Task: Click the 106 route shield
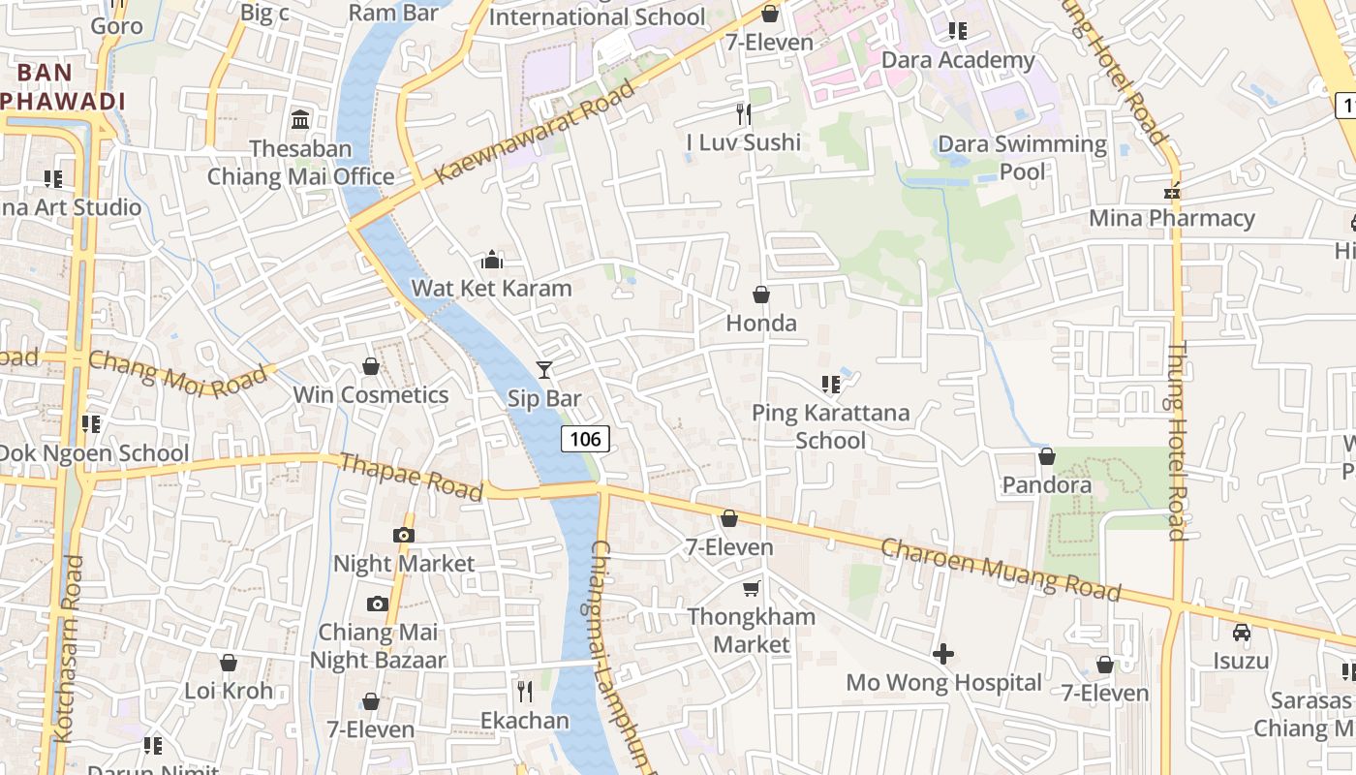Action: point(585,439)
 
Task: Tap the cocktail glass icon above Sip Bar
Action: point(544,370)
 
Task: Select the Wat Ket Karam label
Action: point(491,288)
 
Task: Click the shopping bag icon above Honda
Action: point(761,294)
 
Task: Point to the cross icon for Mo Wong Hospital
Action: point(942,654)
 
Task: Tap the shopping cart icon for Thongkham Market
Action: point(751,588)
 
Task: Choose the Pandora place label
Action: point(1046,484)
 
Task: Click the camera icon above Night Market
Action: point(404,535)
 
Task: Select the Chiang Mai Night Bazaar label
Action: point(378,646)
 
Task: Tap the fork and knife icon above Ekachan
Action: point(525,691)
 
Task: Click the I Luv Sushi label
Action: point(743,142)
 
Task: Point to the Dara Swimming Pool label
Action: point(1022,158)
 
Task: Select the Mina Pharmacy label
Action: point(1172,218)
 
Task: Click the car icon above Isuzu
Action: point(1241,633)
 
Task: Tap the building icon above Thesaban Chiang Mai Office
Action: point(300,120)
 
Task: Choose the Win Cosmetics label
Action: point(371,394)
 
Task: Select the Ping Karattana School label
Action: point(831,426)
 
